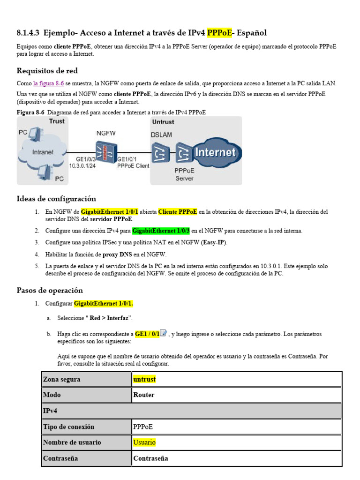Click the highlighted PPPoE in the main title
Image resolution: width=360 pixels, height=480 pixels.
tap(220, 32)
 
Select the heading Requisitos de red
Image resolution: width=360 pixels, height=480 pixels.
tap(47, 71)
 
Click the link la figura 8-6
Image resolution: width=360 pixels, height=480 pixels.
tap(48, 83)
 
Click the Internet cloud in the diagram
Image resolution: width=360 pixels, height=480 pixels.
tap(215, 152)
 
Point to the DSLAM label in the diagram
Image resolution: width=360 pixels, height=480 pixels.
tap(161, 135)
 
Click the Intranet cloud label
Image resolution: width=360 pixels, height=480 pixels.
tap(42, 152)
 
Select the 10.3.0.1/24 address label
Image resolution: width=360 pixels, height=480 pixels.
tap(82, 165)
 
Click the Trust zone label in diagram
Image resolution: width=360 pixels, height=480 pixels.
tap(57, 121)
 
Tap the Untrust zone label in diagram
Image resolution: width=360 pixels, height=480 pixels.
tap(163, 122)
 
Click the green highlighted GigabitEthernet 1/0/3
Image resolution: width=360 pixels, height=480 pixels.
tap(161, 231)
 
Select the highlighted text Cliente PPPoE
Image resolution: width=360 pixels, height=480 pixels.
tap(178, 212)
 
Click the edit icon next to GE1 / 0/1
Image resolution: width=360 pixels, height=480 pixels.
tap(164, 333)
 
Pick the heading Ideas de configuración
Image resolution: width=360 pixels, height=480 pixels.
tap(56, 199)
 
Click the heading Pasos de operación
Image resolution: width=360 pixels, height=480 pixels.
tap(50, 290)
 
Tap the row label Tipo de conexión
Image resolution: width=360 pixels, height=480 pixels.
tap(68, 427)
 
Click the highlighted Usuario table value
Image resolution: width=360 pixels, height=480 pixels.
tap(144, 442)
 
